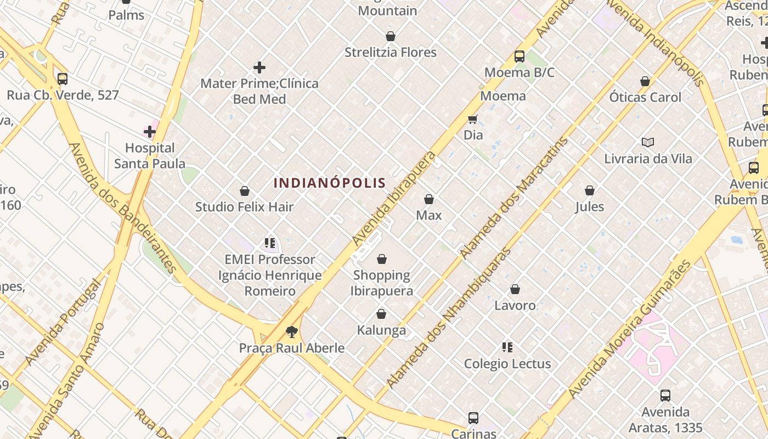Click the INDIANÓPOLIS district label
tap(330, 183)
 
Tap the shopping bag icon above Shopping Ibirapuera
tap(382, 259)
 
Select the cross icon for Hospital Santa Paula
tap(150, 132)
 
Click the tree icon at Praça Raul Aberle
tap(292, 331)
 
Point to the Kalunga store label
tap(381, 330)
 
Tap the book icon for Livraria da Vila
tap(648, 143)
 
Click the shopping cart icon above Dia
tap(473, 119)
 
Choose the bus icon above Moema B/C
tap(519, 57)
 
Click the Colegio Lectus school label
tap(507, 364)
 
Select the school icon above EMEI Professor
tap(269, 243)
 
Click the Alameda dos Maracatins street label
tap(514, 198)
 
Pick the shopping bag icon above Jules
tap(590, 191)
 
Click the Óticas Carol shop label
tap(645, 97)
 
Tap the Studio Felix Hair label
tap(245, 207)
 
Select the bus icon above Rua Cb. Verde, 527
tap(63, 79)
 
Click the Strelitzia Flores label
tap(391, 53)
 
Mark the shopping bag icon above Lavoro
tap(515, 289)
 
